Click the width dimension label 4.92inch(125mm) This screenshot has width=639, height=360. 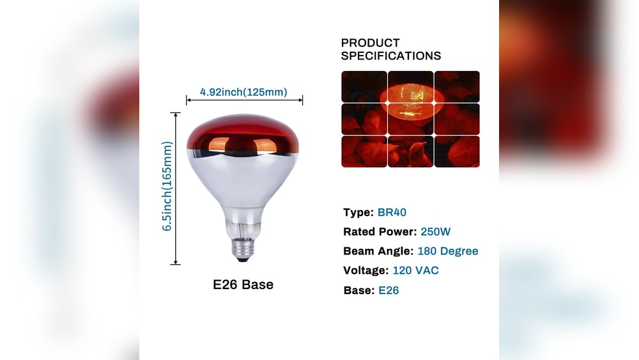pyautogui.click(x=243, y=92)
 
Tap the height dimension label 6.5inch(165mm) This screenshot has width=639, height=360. pyautogui.click(x=167, y=186)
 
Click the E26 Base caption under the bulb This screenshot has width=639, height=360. pyautogui.click(x=243, y=285)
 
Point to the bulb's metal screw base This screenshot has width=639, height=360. pyautogui.click(x=243, y=249)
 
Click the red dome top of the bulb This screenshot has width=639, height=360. pyautogui.click(x=243, y=134)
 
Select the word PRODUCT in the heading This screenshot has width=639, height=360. pyautogui.click(x=370, y=43)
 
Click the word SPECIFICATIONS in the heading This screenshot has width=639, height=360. pyautogui.click(x=391, y=56)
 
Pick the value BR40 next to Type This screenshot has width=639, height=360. pyautogui.click(x=392, y=212)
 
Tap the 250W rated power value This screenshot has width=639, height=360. pyautogui.click(x=435, y=231)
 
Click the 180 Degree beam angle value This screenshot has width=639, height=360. pyautogui.click(x=448, y=251)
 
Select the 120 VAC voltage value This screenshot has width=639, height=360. pyautogui.click(x=416, y=270)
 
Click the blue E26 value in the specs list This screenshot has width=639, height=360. pyautogui.click(x=389, y=290)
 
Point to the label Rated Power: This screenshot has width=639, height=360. pyautogui.click(x=380, y=231)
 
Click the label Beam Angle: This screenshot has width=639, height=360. pyautogui.click(x=378, y=251)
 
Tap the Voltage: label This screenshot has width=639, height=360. pyautogui.click(x=366, y=270)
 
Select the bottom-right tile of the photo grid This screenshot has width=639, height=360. pyautogui.click(x=457, y=152)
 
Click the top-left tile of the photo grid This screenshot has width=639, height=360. pyautogui.click(x=364, y=86)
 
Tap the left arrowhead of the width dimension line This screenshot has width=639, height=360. pyautogui.click(x=188, y=100)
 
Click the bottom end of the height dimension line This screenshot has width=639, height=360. pyautogui.click(x=176, y=264)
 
